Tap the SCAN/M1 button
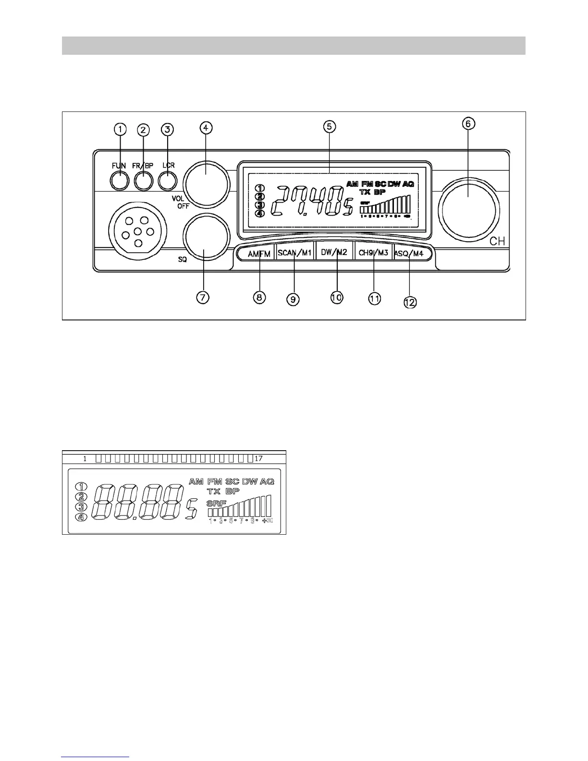[x=295, y=253]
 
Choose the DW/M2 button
[x=334, y=253]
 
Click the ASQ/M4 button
[x=409, y=253]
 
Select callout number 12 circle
[x=410, y=302]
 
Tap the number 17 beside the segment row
[x=258, y=458]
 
